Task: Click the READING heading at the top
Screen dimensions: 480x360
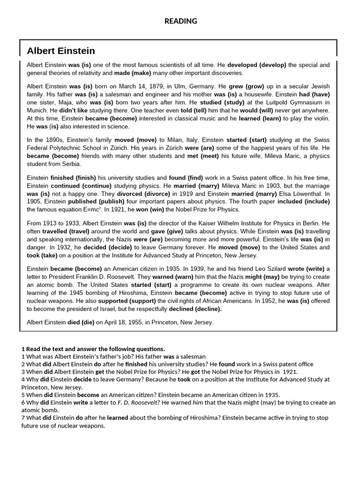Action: tap(180, 21)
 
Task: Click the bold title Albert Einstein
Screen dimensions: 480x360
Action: tap(61, 51)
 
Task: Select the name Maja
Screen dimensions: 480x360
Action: tap(71, 102)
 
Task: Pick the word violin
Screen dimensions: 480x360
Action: tap(320, 119)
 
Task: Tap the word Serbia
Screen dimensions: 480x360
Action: tap(71, 164)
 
